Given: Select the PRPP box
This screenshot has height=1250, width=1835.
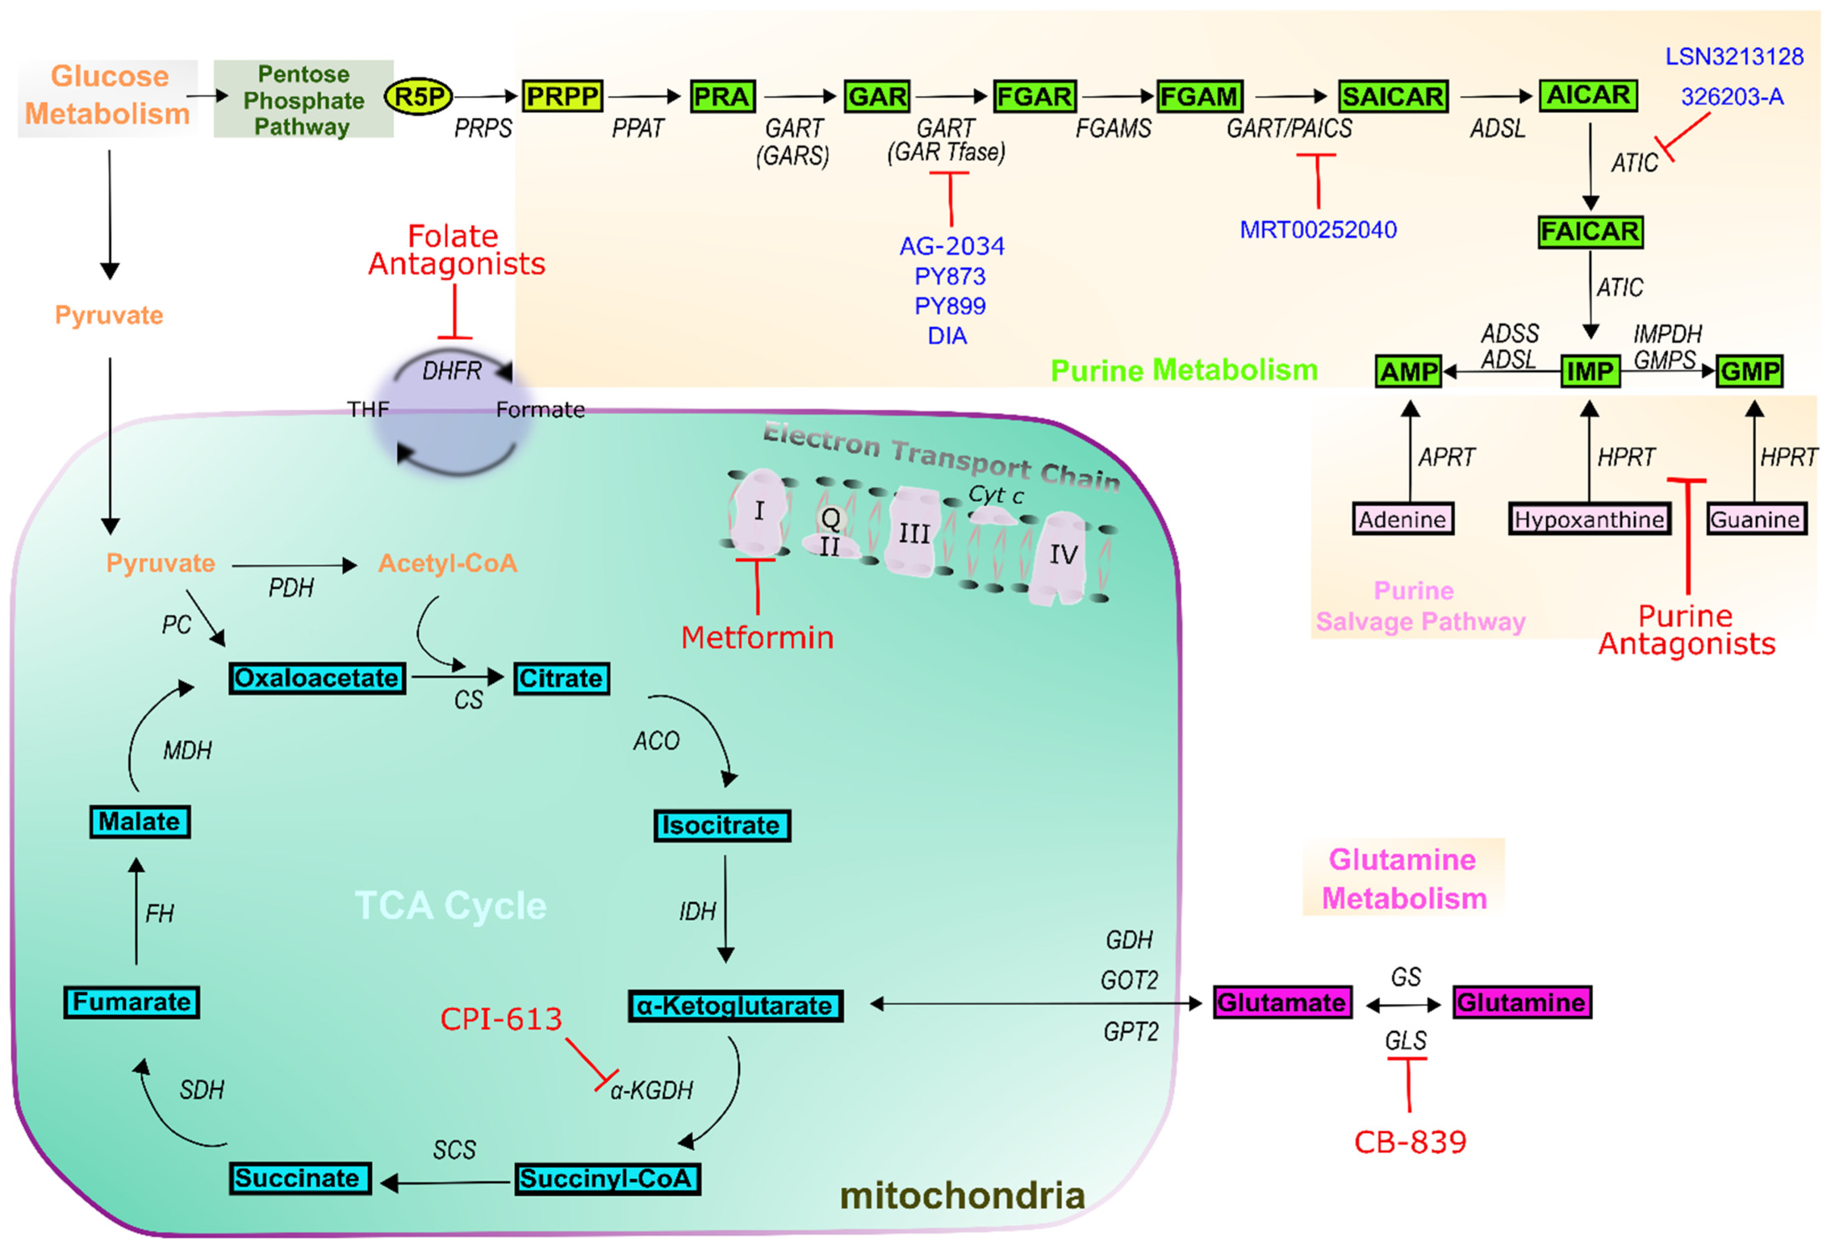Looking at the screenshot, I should (x=562, y=96).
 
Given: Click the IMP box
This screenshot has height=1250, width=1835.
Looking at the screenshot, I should (x=1589, y=371).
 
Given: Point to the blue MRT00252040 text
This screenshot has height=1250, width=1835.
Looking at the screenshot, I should (x=1317, y=230).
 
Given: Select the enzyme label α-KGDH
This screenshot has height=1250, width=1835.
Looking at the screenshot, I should (x=652, y=1091).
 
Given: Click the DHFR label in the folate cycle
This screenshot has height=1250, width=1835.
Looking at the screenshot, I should (x=451, y=370).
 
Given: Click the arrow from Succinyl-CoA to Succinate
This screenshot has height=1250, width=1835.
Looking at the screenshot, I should (x=446, y=1182).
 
